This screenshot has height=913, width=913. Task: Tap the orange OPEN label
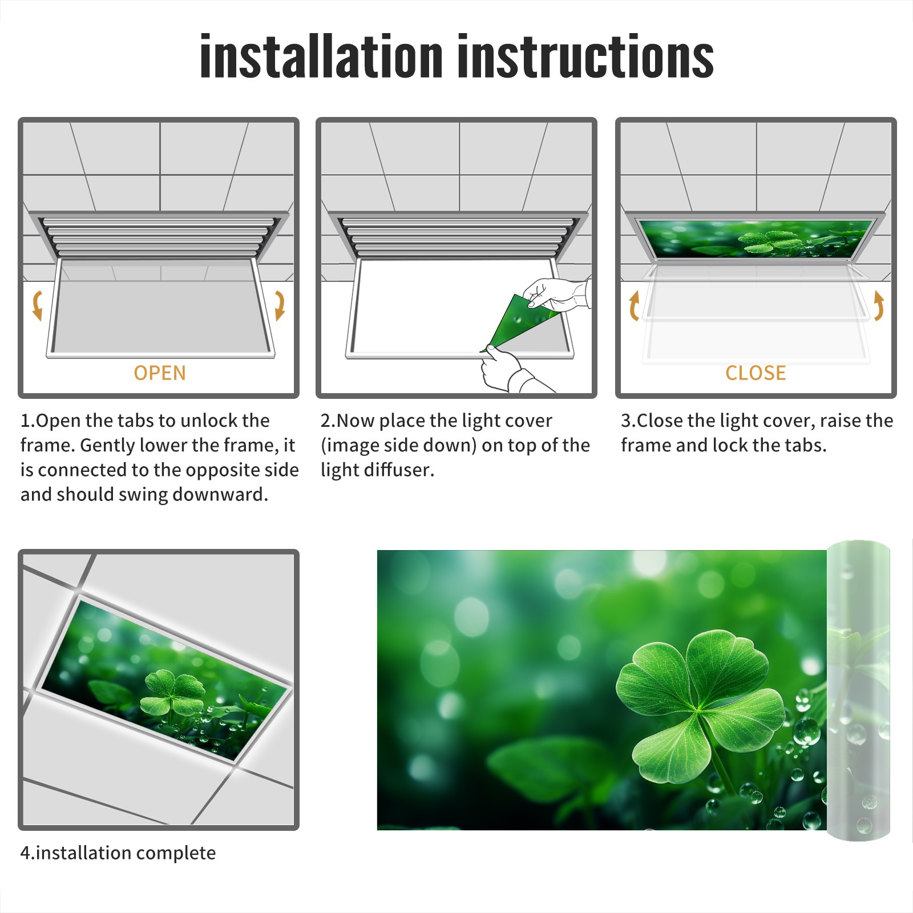tap(160, 373)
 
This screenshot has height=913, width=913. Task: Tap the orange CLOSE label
tap(756, 373)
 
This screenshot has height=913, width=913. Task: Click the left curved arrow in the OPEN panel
tap(37, 305)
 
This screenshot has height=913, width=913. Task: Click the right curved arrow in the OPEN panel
tap(280, 305)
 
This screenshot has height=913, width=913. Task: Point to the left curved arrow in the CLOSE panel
tap(634, 306)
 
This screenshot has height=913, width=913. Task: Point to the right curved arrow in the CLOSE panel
tap(879, 306)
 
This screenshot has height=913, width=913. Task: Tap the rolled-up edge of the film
tap(858, 690)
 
